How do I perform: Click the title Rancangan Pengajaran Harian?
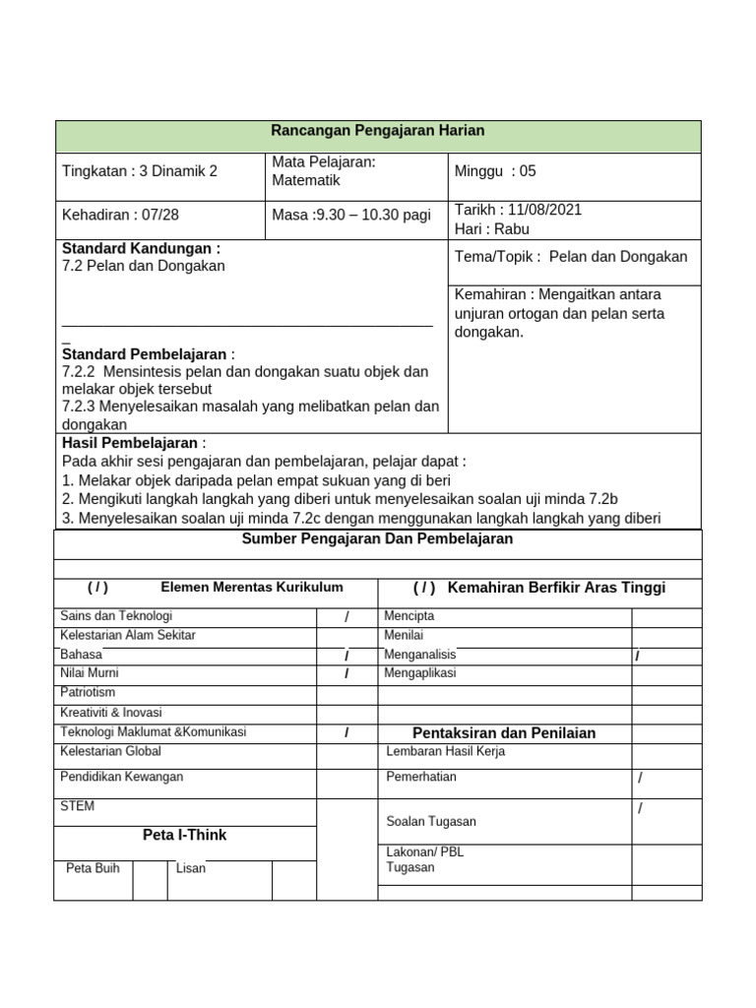[x=378, y=131]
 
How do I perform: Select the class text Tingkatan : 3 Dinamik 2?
[x=140, y=171]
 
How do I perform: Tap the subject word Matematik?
[x=306, y=181]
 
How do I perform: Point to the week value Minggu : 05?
[x=495, y=171]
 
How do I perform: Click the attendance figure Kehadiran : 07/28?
[x=119, y=216]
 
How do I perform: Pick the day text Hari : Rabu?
[x=492, y=229]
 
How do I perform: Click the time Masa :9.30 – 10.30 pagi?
[x=351, y=216]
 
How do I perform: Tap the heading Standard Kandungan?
[x=141, y=248]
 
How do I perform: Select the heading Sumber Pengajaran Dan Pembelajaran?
[x=377, y=539]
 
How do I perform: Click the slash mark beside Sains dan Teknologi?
[x=346, y=617]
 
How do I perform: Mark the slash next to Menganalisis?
[x=638, y=656]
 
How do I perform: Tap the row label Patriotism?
[x=88, y=693]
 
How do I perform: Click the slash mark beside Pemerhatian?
[x=640, y=778]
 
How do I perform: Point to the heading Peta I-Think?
[x=184, y=835]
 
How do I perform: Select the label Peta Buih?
[x=93, y=868]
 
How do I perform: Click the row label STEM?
[x=78, y=806]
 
